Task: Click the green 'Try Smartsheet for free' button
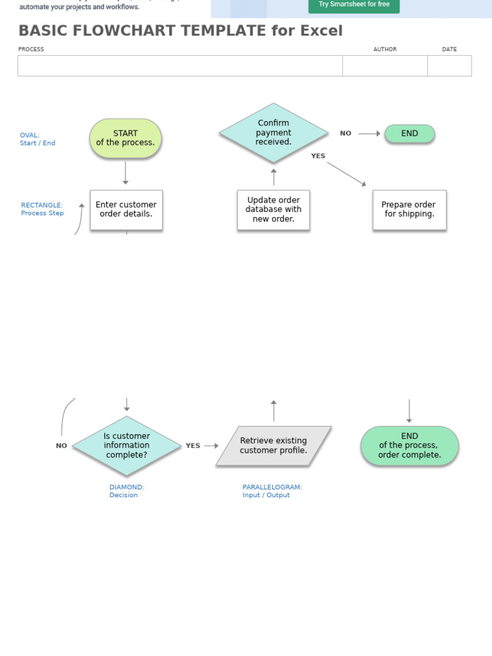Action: [x=354, y=4]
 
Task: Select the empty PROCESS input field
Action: [x=180, y=66]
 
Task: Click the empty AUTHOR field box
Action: [x=384, y=66]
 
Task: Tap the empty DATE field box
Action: [x=449, y=66]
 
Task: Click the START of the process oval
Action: [x=126, y=138]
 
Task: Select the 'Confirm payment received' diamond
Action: [x=274, y=133]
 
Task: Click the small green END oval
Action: [x=409, y=134]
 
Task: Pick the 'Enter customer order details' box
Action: [x=126, y=209]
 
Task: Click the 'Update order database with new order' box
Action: [x=274, y=209]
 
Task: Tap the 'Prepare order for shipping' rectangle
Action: [x=409, y=209]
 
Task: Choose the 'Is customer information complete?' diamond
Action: [x=127, y=446]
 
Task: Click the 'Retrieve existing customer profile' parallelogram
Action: [x=274, y=446]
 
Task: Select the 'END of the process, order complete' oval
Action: [x=409, y=446]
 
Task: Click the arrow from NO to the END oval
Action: [x=369, y=134]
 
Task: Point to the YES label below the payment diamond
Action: [x=318, y=156]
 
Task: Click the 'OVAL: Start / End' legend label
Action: [x=37, y=139]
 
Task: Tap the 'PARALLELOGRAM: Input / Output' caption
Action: [x=272, y=491]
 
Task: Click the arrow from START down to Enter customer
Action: [x=126, y=173]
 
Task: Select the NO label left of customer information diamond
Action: [x=61, y=446]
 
